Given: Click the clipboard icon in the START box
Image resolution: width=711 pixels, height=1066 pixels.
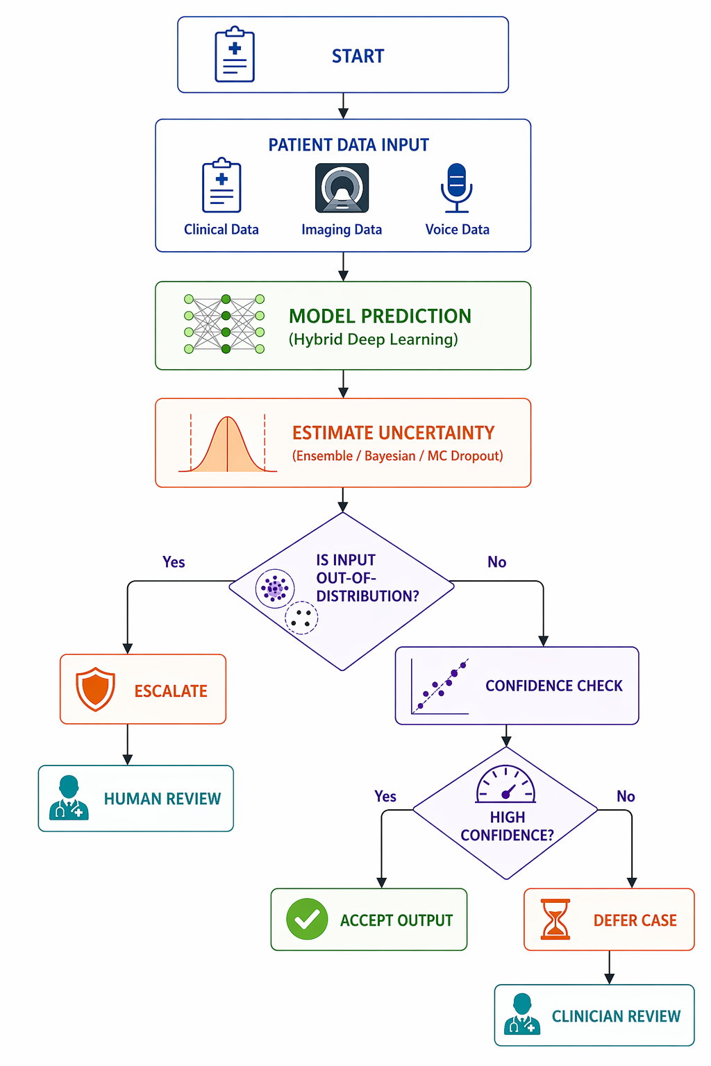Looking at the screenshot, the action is pyautogui.click(x=234, y=54).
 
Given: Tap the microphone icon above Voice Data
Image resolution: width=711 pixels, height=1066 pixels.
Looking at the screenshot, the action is pyautogui.click(x=456, y=188).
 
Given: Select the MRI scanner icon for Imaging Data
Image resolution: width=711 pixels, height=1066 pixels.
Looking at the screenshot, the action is pyautogui.click(x=342, y=187).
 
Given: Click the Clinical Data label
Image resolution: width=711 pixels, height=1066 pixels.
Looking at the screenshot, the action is pyautogui.click(x=221, y=230).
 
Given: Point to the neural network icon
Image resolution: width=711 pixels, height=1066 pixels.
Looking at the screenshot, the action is pyautogui.click(x=224, y=324).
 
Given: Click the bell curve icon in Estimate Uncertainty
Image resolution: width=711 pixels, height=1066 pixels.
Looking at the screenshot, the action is pyautogui.click(x=228, y=443).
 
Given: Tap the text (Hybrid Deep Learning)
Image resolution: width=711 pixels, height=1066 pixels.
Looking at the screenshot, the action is pyautogui.click(x=374, y=339).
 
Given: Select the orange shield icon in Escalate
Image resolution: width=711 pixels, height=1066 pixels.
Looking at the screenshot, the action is pyautogui.click(x=95, y=689).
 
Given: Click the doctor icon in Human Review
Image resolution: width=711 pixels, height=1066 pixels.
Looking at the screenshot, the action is pyautogui.click(x=69, y=798).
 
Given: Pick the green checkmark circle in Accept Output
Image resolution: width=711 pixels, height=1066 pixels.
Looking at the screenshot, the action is pyautogui.click(x=307, y=919).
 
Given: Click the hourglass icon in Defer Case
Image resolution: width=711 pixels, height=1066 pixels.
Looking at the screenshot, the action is pyautogui.click(x=555, y=919).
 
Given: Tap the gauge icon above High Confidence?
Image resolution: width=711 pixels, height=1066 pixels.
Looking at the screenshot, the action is pyautogui.click(x=505, y=784).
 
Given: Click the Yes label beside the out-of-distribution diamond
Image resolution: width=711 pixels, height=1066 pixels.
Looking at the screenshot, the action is pyautogui.click(x=174, y=562).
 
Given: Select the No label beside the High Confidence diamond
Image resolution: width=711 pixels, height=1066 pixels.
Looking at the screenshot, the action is pyautogui.click(x=626, y=796).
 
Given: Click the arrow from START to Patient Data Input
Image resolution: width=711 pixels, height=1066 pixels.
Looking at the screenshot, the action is pyautogui.click(x=343, y=105).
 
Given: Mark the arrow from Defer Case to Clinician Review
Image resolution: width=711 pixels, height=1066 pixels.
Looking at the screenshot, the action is pyautogui.click(x=609, y=967).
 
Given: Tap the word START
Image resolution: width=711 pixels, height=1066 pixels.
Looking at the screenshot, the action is pyautogui.click(x=358, y=56).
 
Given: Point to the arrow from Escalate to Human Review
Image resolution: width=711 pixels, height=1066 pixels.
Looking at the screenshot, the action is pyautogui.click(x=128, y=745).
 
